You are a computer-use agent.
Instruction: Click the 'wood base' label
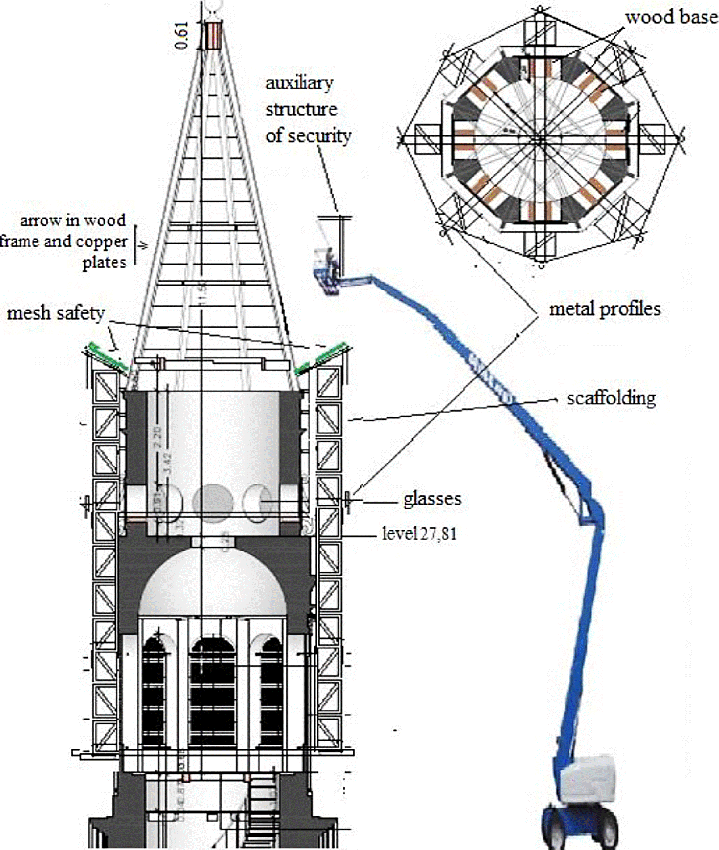[671, 18]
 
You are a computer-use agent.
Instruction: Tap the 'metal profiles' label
[604, 309]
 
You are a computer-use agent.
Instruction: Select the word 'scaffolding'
[611, 398]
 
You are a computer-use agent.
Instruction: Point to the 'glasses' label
[432, 499]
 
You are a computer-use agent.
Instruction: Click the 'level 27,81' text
[419, 534]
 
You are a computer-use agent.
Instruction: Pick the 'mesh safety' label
[56, 313]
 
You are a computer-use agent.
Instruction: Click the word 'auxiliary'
[299, 84]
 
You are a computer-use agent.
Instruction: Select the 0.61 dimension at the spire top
[182, 35]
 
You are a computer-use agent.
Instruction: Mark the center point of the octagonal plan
[541, 140]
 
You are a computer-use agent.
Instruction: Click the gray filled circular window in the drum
[213, 502]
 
